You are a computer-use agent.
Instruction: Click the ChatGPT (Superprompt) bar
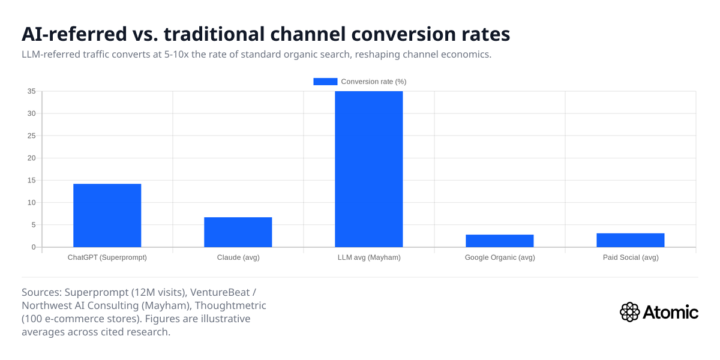pyautogui.click(x=107, y=215)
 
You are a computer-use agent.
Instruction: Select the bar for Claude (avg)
pyautogui.click(x=238, y=232)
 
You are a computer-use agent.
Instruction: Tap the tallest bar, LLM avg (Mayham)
pyautogui.click(x=368, y=169)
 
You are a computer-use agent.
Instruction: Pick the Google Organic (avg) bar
pyautogui.click(x=499, y=241)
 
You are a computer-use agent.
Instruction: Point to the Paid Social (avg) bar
pyautogui.click(x=630, y=240)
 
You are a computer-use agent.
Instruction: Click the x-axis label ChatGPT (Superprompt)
pyautogui.click(x=107, y=257)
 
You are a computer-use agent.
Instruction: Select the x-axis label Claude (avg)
pyautogui.click(x=238, y=257)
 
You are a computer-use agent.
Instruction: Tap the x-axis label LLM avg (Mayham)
pyautogui.click(x=368, y=257)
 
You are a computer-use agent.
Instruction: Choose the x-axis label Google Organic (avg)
pyautogui.click(x=499, y=257)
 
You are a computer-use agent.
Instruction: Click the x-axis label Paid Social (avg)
pyautogui.click(x=630, y=257)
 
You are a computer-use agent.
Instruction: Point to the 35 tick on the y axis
pyautogui.click(x=31, y=91)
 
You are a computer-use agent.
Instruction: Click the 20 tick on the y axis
pyautogui.click(x=31, y=158)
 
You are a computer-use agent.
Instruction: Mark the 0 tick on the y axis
pyautogui.click(x=34, y=247)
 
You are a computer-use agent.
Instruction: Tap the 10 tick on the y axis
pyautogui.click(x=31, y=203)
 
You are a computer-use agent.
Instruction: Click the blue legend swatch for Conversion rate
pyautogui.click(x=325, y=82)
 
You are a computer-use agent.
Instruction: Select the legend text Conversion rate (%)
pyautogui.click(x=374, y=82)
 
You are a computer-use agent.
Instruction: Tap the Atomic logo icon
pyautogui.click(x=629, y=312)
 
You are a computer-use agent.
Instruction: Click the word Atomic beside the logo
pyautogui.click(x=671, y=312)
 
